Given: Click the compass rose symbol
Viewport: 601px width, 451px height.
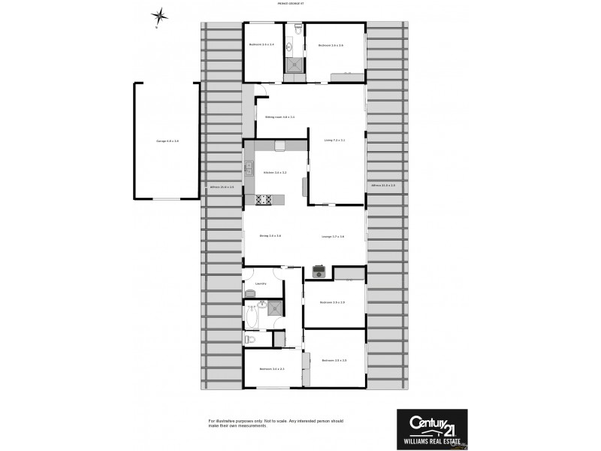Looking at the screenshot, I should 159,16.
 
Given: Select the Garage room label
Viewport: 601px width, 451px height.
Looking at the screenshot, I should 167,141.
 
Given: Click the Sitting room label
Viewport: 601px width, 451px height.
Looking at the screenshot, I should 279,117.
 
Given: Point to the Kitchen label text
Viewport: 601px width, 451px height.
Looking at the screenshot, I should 275,173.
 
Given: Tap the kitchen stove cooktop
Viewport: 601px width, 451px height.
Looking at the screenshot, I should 264,199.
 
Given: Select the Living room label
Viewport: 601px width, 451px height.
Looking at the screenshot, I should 334,140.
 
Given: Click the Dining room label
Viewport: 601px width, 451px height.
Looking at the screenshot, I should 270,236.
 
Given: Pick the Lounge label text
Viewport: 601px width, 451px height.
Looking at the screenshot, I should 333,236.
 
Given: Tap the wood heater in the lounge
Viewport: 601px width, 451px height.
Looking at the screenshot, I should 319,271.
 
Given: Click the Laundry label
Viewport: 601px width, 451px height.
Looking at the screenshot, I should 261,283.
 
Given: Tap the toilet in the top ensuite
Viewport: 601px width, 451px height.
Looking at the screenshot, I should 298,29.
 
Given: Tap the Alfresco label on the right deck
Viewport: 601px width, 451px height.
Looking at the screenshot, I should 383,184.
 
